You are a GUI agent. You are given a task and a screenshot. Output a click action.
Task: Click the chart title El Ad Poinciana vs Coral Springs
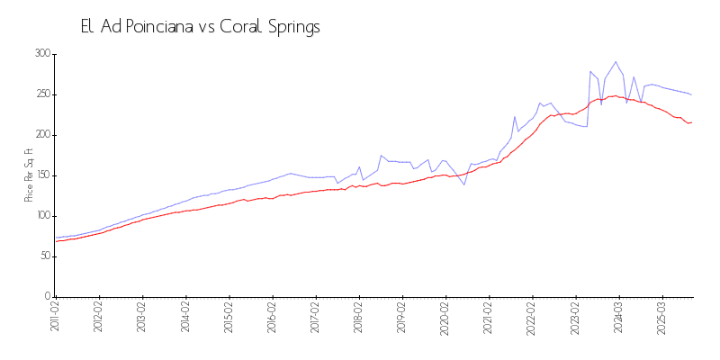[x=200, y=27]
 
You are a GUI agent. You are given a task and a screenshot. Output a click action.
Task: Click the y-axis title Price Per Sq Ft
[x=30, y=175]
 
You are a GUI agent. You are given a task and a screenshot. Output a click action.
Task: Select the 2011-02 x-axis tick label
[x=55, y=319]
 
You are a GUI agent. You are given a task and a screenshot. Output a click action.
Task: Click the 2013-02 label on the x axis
[x=142, y=319]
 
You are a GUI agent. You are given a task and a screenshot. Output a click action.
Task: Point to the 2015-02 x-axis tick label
[x=229, y=319]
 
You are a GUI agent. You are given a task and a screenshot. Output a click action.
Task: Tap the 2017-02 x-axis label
[x=316, y=319]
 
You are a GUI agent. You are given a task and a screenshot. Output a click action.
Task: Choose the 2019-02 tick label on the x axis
[x=402, y=319]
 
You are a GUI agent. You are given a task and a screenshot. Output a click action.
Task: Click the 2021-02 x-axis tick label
[x=489, y=319]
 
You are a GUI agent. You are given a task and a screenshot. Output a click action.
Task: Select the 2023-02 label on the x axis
[x=576, y=319]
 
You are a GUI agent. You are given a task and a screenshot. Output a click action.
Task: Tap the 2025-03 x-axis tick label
[x=662, y=319]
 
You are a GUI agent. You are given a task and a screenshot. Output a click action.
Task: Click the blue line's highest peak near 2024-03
[x=616, y=62]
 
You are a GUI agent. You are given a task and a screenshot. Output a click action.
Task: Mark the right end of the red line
[x=691, y=121]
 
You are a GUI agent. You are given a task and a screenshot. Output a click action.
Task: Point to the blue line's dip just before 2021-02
[x=464, y=184]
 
